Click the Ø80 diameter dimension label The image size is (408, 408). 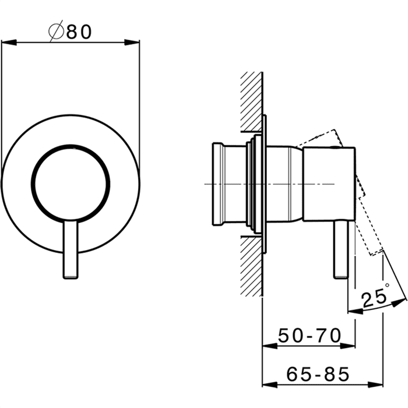coord(70,31)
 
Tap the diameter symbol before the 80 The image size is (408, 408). coord(56,31)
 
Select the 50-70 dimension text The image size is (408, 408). coord(309,335)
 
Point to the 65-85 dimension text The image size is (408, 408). coord(318,374)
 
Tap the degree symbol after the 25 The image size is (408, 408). coord(387,285)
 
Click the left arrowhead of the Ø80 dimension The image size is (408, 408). coord(9,43)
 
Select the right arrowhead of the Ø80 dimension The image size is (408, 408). coord(132,43)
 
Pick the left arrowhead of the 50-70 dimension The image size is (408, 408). coord(270,346)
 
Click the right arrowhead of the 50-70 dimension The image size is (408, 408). coord(347,346)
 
